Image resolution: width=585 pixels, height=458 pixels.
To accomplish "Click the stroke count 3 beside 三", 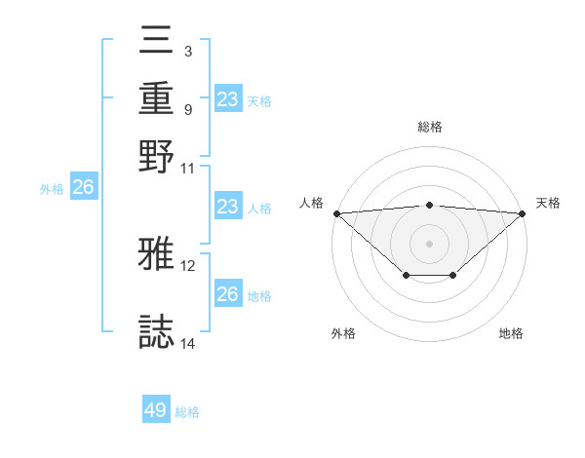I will click(187, 50).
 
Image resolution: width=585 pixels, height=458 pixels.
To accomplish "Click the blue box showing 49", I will click(156, 410).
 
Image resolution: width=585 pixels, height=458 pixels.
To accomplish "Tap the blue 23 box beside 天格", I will click(227, 99).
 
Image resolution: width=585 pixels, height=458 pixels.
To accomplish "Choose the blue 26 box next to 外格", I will click(83, 188).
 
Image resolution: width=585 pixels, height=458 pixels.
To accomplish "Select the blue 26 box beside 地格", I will click(227, 294).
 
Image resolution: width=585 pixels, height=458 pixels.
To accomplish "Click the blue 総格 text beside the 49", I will click(187, 412).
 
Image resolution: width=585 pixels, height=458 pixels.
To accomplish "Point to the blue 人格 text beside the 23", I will click(259, 209).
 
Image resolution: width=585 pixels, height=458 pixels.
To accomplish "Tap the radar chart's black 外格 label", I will click(343, 334).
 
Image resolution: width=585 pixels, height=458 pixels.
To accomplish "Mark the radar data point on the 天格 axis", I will click(523, 212).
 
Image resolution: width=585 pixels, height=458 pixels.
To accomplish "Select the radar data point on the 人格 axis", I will click(336, 212).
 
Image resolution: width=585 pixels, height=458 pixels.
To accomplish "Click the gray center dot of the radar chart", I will click(429, 243).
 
